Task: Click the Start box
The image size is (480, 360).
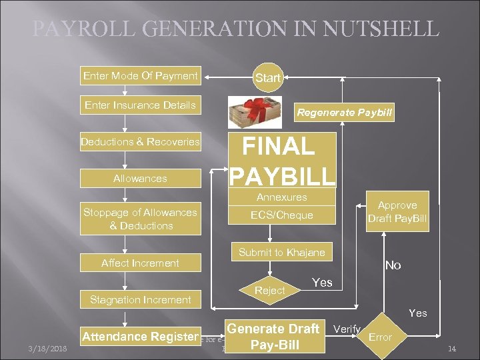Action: (268, 78)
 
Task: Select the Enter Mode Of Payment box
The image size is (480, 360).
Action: (140, 76)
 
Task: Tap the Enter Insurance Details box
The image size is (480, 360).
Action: (140, 105)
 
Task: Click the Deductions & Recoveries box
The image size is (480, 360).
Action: (140, 141)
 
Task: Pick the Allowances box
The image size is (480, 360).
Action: (140, 178)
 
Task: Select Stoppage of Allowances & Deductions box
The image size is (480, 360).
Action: (140, 219)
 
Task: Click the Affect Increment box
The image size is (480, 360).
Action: (140, 263)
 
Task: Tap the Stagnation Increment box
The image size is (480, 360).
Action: (140, 299)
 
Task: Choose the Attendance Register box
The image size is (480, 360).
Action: (140, 337)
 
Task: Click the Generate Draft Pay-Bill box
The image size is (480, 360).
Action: (274, 337)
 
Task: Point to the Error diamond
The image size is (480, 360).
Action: (381, 337)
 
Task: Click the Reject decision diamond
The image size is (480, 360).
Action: (270, 290)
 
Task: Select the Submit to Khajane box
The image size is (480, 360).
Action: (282, 252)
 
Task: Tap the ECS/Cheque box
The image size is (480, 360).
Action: (281, 215)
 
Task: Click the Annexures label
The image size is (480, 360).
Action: (281, 197)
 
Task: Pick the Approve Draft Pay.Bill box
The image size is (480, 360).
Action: (397, 212)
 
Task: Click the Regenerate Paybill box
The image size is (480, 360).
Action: (345, 113)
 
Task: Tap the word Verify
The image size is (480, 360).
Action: (347, 329)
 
